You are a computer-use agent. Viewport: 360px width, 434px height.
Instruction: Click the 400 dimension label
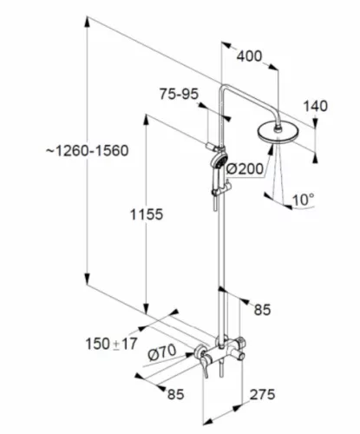tap(249, 56)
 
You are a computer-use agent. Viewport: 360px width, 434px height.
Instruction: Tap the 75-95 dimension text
tap(179, 94)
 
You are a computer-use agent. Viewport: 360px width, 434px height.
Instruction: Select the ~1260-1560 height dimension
tap(88, 151)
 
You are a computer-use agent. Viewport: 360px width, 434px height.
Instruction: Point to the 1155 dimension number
tap(147, 214)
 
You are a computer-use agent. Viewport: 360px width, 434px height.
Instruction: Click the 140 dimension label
tap(316, 106)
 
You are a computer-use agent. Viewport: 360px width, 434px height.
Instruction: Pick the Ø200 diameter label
tap(245, 168)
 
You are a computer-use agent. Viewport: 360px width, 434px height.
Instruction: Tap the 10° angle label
tap(303, 200)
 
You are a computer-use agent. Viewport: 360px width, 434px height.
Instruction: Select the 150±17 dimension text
tap(111, 344)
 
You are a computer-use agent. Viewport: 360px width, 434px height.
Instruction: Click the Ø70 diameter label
tap(162, 352)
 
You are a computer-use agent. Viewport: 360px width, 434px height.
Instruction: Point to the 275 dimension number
tap(262, 394)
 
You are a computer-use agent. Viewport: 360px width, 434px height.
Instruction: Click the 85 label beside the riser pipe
tap(262, 310)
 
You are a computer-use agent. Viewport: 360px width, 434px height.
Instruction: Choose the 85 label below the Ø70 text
tap(175, 394)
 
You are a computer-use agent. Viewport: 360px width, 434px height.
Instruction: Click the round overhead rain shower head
tap(278, 133)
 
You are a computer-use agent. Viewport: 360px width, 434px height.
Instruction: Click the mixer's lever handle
tap(205, 364)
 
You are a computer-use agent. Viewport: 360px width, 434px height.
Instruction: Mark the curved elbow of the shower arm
tap(223, 89)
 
